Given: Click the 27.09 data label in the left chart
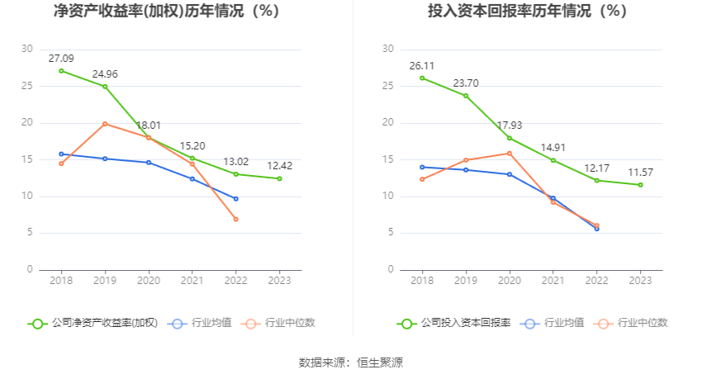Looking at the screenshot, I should point(61,59).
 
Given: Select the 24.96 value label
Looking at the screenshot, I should point(105,74).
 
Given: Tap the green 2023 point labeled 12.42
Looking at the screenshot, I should point(279,178).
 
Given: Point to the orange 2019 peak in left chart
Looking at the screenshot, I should point(105,124).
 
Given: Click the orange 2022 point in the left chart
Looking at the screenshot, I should point(235,219).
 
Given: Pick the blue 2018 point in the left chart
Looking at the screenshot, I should point(61,154).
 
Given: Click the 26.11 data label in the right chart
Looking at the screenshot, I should point(422,66).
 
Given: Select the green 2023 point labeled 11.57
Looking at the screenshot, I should point(640,185).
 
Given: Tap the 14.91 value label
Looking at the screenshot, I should point(553,148).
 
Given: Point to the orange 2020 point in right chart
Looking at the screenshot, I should point(510,153).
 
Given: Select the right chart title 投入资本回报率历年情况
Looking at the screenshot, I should point(528,12).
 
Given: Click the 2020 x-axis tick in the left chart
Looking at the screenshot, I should point(149,281).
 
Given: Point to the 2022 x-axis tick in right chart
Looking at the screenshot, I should point(596,281).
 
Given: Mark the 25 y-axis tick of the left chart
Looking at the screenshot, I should point(27,86).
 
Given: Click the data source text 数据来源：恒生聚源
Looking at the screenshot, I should point(351,362).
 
